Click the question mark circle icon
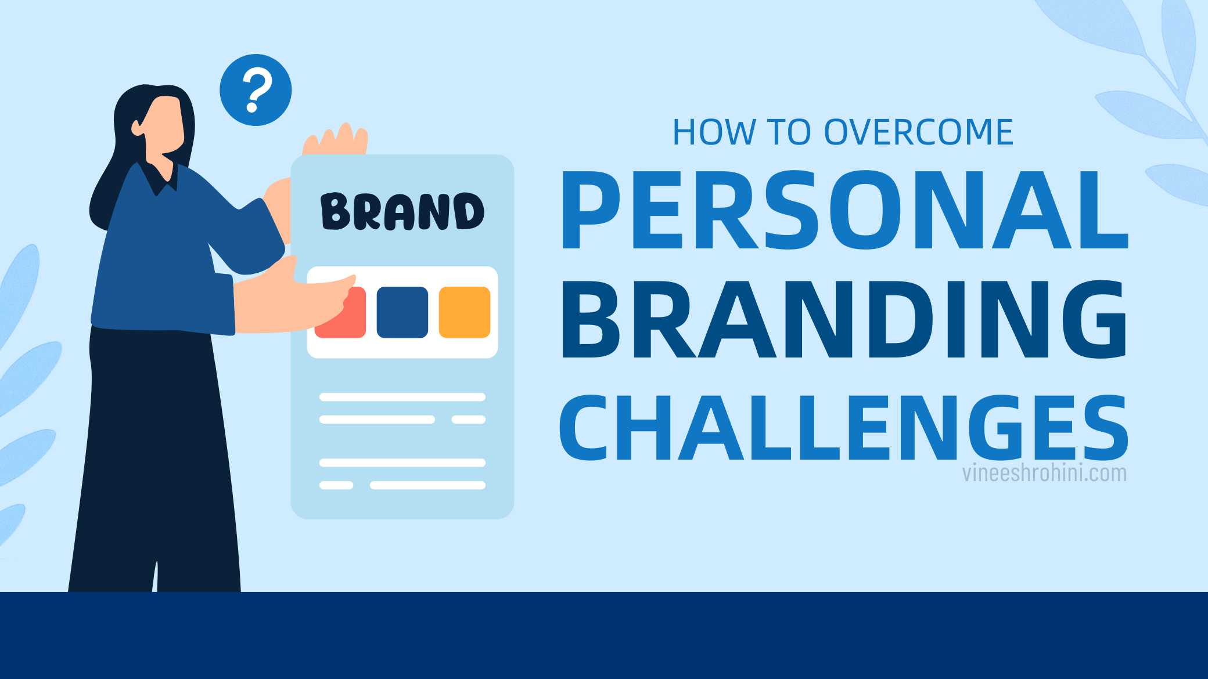click(256, 90)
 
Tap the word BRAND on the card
click(402, 211)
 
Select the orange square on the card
click(464, 312)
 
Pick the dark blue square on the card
click(402, 312)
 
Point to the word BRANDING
click(843, 320)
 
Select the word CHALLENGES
click(843, 428)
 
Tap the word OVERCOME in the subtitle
click(919, 132)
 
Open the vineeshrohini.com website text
click(1044, 473)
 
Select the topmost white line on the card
click(402, 397)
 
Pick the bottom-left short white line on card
click(336, 485)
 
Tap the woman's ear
click(137, 127)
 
